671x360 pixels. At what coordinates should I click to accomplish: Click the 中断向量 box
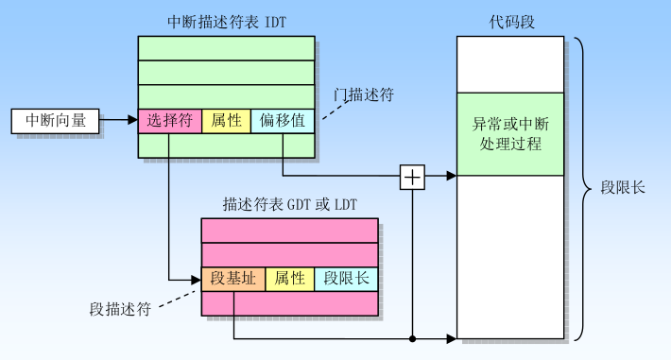[x=55, y=121]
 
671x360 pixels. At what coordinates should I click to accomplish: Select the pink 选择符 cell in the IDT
[x=170, y=121]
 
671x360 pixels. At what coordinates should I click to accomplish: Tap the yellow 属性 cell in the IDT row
[x=226, y=121]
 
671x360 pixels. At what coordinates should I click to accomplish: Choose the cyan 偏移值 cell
[x=282, y=121]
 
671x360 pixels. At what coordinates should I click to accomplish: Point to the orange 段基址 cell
[x=232, y=279]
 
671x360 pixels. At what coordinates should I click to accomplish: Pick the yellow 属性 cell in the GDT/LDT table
[x=289, y=279]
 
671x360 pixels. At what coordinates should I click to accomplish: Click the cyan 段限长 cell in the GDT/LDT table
[x=345, y=279]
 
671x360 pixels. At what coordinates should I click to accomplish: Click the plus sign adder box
[x=412, y=176]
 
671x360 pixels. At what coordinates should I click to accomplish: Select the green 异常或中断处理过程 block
[x=510, y=134]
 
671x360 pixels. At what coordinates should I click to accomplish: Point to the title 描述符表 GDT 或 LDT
[x=289, y=204]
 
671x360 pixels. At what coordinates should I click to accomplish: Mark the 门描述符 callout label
[x=364, y=94]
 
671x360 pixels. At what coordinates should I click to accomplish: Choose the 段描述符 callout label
[x=120, y=309]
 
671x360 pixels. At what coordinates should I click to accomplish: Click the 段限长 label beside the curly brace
[x=623, y=188]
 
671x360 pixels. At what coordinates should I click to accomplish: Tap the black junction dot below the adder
[x=412, y=338]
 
